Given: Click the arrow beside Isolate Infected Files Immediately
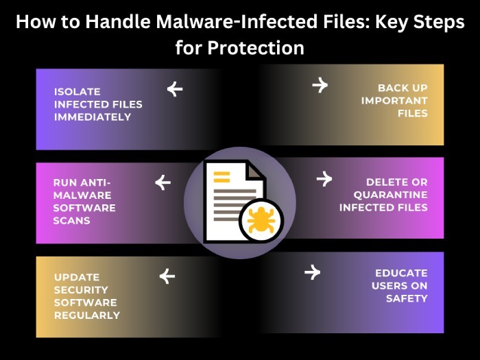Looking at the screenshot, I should [175, 88].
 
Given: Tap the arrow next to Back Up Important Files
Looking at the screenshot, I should [320, 84].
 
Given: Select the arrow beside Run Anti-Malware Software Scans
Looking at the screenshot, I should [163, 182].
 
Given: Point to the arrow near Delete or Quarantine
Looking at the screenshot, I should [324, 179].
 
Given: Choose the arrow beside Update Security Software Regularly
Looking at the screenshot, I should [167, 276].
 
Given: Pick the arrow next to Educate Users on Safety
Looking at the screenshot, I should [312, 272].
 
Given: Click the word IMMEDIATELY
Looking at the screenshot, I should [93, 117].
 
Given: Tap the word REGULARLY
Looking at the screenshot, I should [87, 315].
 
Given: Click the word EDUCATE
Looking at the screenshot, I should [401, 272].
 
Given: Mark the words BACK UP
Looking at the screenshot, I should [403, 88].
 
